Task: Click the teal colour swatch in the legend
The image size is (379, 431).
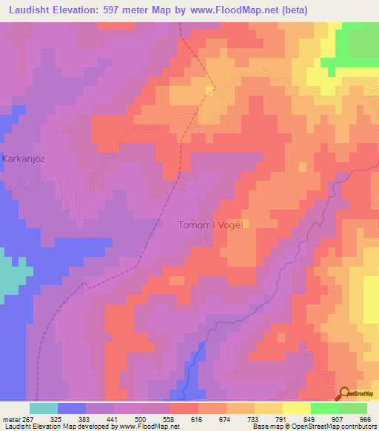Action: tap(44, 408)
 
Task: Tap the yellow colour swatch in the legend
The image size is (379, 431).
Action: tap(297, 408)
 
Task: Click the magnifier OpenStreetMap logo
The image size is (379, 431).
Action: tap(345, 393)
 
